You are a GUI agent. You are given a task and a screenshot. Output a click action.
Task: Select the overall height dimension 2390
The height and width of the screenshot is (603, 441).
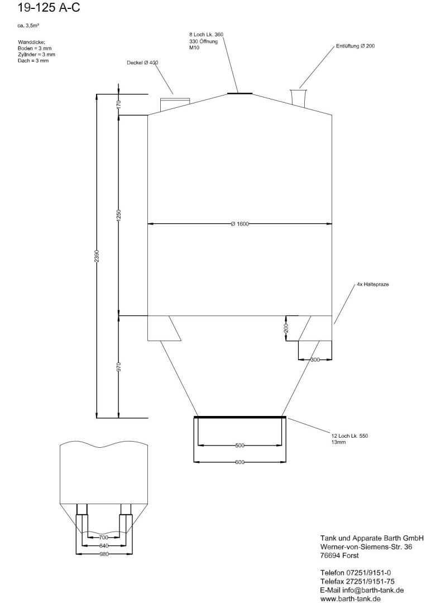pyautogui.click(x=97, y=255)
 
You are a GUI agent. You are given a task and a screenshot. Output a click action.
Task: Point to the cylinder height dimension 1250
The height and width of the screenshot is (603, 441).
pyautogui.click(x=118, y=216)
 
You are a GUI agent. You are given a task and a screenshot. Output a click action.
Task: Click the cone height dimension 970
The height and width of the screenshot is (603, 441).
pyautogui.click(x=118, y=366)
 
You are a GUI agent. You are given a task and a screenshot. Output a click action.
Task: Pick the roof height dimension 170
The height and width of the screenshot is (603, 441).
pyautogui.click(x=118, y=104)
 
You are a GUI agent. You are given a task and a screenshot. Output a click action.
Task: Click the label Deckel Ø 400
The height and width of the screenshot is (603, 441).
pyautogui.click(x=142, y=63)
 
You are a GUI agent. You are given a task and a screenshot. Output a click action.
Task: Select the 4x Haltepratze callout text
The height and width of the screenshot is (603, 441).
pyautogui.click(x=372, y=284)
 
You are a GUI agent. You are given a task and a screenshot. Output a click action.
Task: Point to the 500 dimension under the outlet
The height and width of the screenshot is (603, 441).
pyautogui.click(x=239, y=446)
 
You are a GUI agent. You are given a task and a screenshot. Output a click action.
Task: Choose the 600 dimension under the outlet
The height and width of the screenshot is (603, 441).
pyautogui.click(x=239, y=462)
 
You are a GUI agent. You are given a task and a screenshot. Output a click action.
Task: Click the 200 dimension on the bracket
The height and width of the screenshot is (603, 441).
pyautogui.click(x=286, y=328)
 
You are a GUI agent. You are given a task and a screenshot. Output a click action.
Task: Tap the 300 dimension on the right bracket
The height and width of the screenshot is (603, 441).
pyautogui.click(x=315, y=360)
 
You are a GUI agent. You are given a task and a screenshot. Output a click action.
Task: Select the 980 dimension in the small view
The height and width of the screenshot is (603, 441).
pyautogui.click(x=104, y=554)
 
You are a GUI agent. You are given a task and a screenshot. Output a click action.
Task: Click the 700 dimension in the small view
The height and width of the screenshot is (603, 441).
pyautogui.click(x=104, y=537)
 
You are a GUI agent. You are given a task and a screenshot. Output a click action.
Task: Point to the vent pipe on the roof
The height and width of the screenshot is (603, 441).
pyautogui.click(x=300, y=96)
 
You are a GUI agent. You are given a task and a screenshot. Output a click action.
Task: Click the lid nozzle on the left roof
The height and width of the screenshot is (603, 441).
pyautogui.click(x=175, y=103)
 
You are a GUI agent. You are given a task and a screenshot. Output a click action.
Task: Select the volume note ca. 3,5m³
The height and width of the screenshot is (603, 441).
pyautogui.click(x=28, y=26)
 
